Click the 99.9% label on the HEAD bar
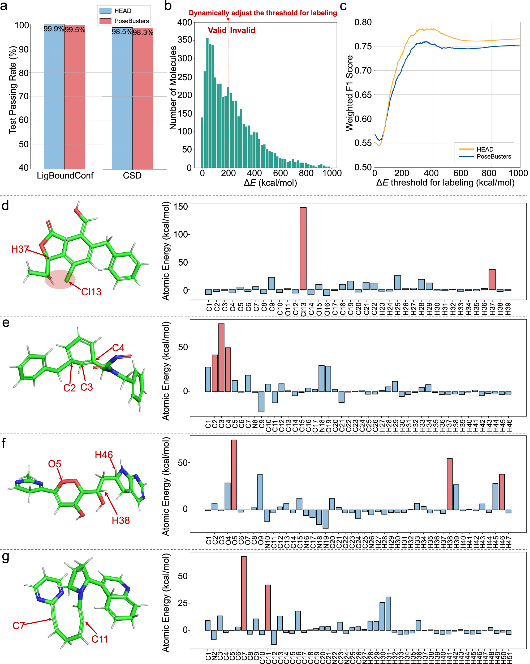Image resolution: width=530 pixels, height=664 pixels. pos(54,29)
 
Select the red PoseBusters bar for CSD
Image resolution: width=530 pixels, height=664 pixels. pos(143,99)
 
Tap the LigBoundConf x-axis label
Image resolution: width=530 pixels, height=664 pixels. pos(65,176)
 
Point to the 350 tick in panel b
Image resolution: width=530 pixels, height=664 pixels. pos(185,40)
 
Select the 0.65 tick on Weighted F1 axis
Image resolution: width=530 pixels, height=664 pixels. pos(363,95)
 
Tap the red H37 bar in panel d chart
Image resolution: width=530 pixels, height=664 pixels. pos(492,279)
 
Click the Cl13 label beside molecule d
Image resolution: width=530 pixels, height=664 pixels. pos(91,292)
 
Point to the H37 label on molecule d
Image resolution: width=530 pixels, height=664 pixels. pos(20,249)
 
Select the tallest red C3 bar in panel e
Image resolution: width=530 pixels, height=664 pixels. pos(221,357)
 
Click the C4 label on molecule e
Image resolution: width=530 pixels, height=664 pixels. pos(118,348)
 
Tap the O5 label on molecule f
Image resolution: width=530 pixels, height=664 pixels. pos(54,464)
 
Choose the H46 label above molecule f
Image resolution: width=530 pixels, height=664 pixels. pos(104,455)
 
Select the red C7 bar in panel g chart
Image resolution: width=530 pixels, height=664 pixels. pos(244,593)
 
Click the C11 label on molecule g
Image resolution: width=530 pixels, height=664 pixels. pos(100,639)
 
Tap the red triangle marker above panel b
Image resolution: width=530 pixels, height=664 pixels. pos(228,19)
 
